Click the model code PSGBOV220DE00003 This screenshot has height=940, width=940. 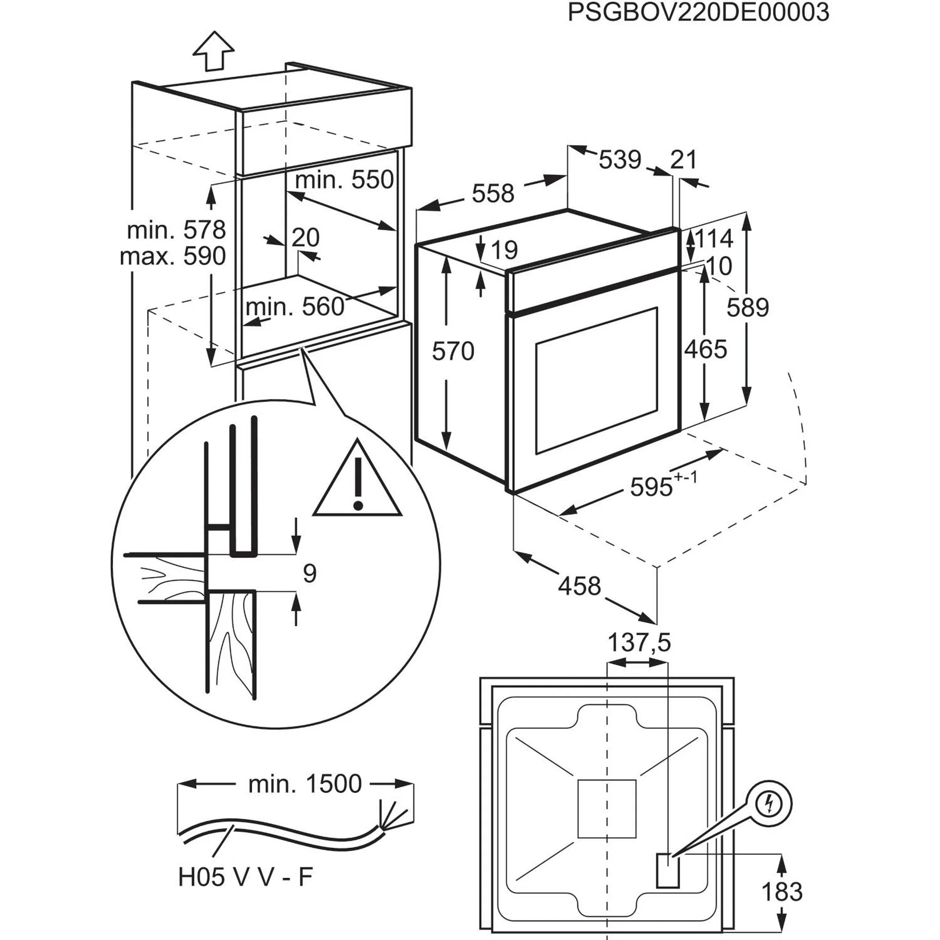pos(698,13)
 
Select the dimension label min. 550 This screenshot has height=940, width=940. pos(344,180)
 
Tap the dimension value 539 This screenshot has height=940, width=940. pos(620,160)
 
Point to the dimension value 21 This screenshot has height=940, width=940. pos(683,160)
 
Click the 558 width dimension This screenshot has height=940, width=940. pos(493,193)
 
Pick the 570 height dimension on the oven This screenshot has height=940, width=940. pos(453,351)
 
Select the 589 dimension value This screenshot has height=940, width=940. pos(747,307)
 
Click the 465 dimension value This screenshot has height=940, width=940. pos(705,349)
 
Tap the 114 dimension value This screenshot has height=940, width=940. pos(714,238)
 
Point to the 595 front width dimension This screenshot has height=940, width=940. pos(652,486)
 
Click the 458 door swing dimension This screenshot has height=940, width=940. pos(579,586)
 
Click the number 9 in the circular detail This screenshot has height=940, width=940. pos(309,573)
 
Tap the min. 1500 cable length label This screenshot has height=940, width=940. pos(305,784)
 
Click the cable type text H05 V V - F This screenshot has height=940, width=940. pos(245,877)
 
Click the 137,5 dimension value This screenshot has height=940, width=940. pos(639,642)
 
